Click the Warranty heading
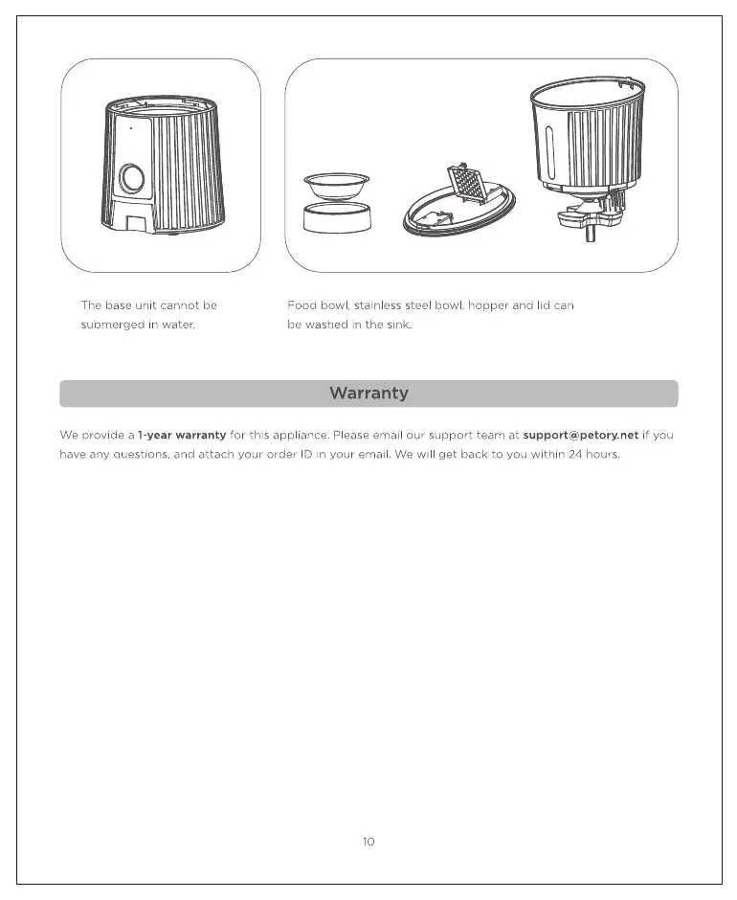[x=368, y=394]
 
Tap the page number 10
[x=368, y=842]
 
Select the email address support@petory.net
[x=581, y=435]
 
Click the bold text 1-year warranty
[x=182, y=435]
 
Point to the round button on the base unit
[x=131, y=177]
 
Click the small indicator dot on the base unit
[x=131, y=126]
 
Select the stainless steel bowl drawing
[x=336, y=184]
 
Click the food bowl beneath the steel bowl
[x=336, y=216]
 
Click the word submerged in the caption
[x=114, y=325]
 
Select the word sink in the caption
[x=398, y=325]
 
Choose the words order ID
[x=279, y=454]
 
